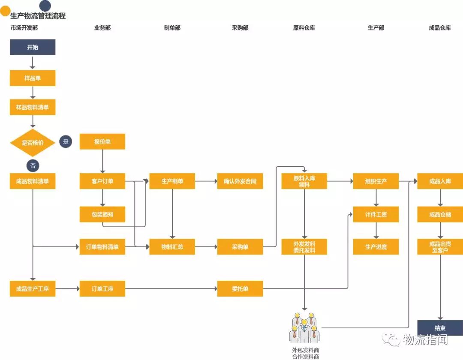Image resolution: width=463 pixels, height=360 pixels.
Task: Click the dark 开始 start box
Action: [33, 47]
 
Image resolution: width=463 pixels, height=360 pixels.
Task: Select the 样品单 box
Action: [33, 78]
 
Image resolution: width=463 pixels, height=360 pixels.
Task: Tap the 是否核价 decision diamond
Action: [33, 142]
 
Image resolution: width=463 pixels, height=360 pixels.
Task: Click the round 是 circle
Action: [66, 141]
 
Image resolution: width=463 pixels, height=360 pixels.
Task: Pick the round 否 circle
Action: [33, 165]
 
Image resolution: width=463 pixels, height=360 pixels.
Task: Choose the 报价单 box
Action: [102, 141]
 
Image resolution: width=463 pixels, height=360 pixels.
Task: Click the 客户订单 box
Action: [102, 181]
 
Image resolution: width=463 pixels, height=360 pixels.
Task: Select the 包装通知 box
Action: [102, 214]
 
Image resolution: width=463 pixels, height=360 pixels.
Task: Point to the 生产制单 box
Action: [172, 181]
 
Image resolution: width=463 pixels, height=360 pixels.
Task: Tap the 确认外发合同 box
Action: [240, 181]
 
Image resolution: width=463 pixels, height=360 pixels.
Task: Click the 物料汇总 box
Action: [172, 247]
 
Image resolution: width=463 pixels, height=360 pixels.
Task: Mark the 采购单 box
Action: [240, 247]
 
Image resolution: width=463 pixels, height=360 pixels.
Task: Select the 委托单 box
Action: [240, 288]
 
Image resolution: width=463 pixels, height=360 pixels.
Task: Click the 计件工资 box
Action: [376, 214]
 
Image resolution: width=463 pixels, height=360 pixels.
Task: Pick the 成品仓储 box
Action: [440, 214]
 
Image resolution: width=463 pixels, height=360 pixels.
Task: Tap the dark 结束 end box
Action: [440, 328]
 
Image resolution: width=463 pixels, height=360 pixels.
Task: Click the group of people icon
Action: [304, 328]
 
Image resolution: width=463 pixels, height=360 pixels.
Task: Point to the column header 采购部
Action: [240, 28]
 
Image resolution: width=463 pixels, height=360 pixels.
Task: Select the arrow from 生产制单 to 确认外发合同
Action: [206, 181]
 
